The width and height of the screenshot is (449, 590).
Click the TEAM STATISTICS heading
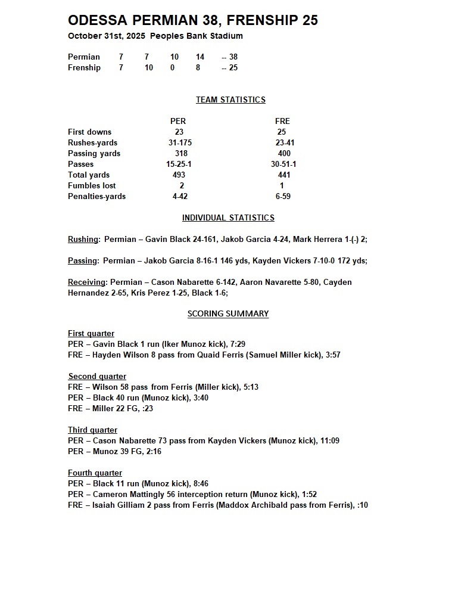[230, 100]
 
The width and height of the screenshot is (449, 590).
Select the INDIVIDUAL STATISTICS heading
[228, 218]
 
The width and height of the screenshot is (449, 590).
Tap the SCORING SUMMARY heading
[228, 314]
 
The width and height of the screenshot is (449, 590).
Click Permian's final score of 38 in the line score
[233, 57]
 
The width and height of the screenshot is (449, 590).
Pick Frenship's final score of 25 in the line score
[233, 68]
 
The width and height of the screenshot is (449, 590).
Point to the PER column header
[178, 122]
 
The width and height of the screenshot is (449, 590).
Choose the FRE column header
[282, 122]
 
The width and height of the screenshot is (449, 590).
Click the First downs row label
[89, 132]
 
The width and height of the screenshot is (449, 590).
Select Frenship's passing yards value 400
[284, 154]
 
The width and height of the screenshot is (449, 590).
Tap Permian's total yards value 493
[179, 175]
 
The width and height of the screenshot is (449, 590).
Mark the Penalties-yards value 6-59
[283, 197]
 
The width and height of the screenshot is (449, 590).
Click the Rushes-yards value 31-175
[180, 143]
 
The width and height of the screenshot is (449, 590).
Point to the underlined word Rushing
[83, 240]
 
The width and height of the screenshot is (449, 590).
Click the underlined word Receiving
[86, 282]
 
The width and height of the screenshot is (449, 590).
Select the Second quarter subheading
[97, 377]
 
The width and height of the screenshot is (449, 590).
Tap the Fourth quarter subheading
[95, 473]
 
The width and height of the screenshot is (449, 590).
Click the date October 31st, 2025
[107, 36]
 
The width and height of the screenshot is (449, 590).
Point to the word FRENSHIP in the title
[264, 21]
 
